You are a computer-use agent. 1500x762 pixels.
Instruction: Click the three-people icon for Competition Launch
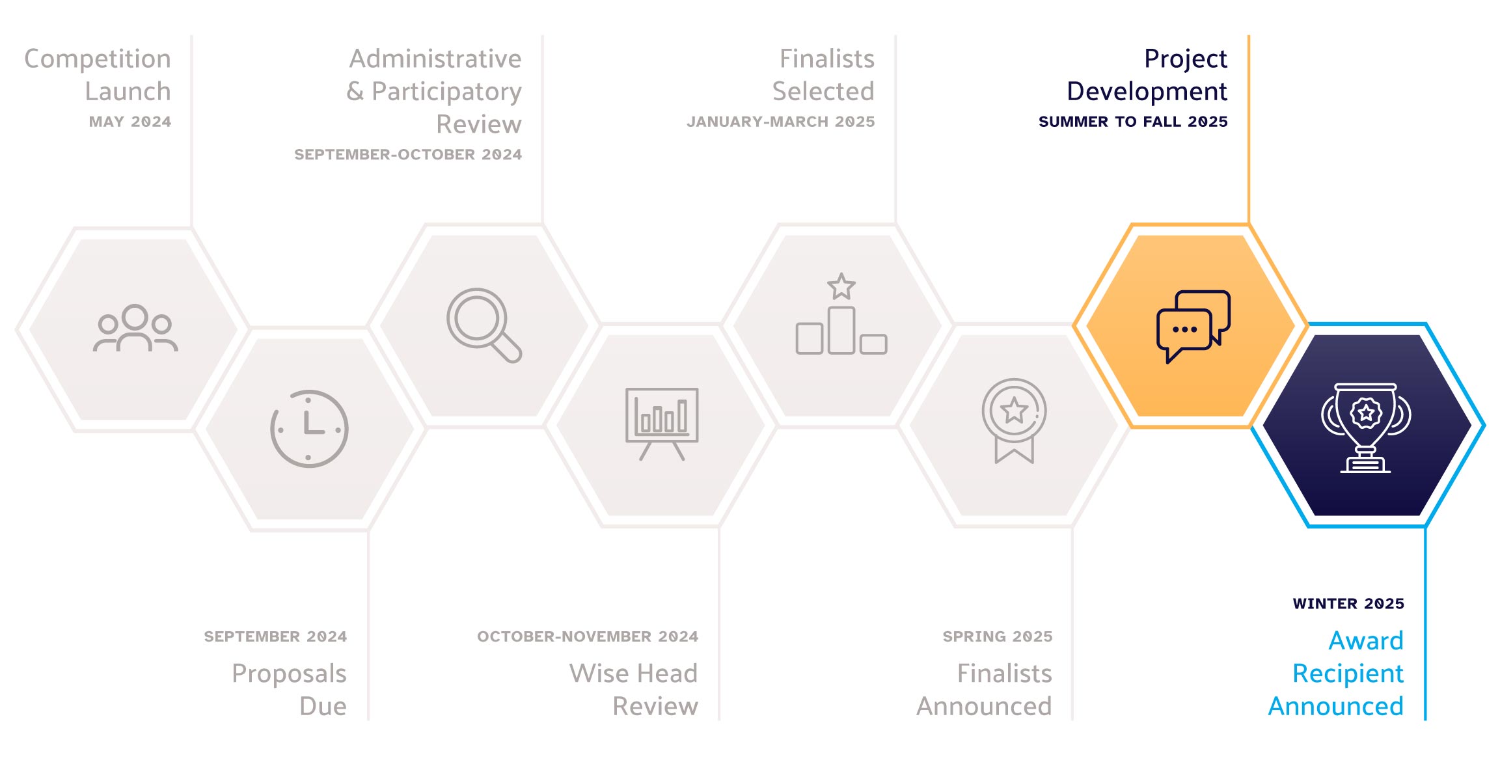pyautogui.click(x=135, y=328)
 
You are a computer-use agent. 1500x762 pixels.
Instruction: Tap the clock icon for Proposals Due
pyautogui.click(x=309, y=429)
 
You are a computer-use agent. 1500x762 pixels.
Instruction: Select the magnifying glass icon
pyautogui.click(x=484, y=325)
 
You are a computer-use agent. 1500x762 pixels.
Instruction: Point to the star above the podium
pyautogui.click(x=841, y=286)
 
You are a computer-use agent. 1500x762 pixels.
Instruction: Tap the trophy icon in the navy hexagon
pyautogui.click(x=1366, y=428)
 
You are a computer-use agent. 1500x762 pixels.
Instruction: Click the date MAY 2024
pyautogui.click(x=130, y=122)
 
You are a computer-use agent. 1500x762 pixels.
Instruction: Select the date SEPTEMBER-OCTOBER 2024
pyautogui.click(x=408, y=155)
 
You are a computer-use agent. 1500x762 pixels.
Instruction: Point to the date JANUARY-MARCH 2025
pyautogui.click(x=781, y=122)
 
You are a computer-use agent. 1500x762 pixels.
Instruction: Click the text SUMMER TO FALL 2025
pyautogui.click(x=1133, y=122)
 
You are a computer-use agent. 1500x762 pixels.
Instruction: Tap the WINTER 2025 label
pyautogui.click(x=1348, y=604)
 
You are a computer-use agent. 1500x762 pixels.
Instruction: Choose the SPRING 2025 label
pyautogui.click(x=998, y=636)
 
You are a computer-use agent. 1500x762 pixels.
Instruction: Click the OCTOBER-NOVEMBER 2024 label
pyautogui.click(x=588, y=636)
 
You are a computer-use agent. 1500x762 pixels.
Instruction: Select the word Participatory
pyautogui.click(x=446, y=92)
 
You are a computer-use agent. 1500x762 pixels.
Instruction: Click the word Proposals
pyautogui.click(x=289, y=674)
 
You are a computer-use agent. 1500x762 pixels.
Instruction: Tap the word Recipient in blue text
pyautogui.click(x=1348, y=674)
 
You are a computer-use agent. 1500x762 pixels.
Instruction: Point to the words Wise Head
pyautogui.click(x=634, y=674)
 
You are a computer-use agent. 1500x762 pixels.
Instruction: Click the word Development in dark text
pyautogui.click(x=1147, y=92)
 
